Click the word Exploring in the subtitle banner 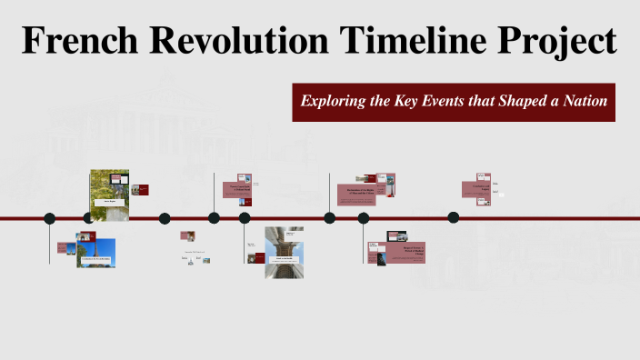click(333, 101)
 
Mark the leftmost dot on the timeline click(50, 218)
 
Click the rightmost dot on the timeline click(454, 217)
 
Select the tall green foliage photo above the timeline click(109, 195)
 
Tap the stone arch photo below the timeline click(284, 252)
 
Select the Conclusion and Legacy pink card click(482, 187)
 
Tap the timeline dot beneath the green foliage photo click(89, 218)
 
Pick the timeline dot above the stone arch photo click(245, 218)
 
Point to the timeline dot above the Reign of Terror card click(364, 218)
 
